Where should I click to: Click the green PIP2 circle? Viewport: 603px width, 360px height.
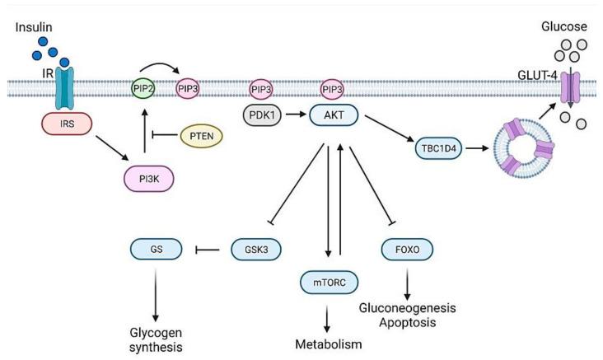click(143, 87)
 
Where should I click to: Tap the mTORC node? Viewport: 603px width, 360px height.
click(326, 283)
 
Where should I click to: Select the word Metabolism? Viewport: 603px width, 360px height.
click(327, 344)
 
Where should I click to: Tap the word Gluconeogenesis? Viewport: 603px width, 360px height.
click(407, 308)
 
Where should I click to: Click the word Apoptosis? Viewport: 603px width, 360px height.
click(407, 324)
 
